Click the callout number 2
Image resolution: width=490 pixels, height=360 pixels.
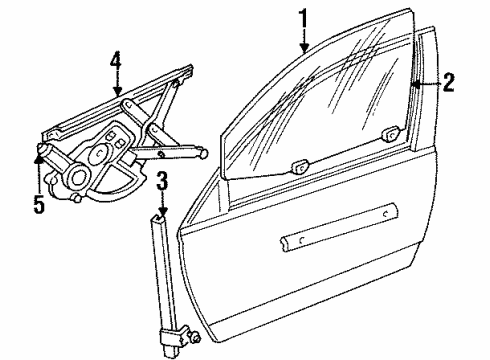click(x=449, y=85)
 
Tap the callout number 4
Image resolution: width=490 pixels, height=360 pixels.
click(x=116, y=61)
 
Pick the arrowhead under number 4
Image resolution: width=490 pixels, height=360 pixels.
click(x=117, y=94)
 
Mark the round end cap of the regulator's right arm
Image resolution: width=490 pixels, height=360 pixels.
click(x=203, y=152)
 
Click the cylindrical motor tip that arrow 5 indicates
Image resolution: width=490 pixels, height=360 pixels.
click(x=42, y=153)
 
